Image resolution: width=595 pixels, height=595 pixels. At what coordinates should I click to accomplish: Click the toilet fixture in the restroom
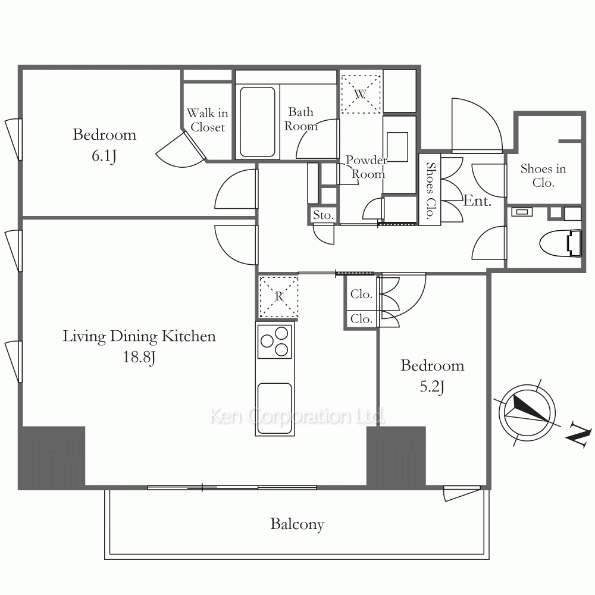click(x=560, y=243)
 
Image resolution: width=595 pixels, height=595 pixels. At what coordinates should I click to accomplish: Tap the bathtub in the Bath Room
click(x=257, y=122)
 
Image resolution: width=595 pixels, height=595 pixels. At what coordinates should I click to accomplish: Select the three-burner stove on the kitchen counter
click(x=275, y=341)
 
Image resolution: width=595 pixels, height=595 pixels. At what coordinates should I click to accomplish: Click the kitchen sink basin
click(x=275, y=408)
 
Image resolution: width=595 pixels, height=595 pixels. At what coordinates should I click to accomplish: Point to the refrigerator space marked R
click(x=279, y=296)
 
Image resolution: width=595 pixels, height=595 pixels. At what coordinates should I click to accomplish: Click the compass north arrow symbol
click(x=527, y=412)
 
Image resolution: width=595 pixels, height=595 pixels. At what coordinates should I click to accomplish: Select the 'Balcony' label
click(x=297, y=524)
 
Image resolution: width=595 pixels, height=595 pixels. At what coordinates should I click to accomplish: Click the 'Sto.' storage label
click(x=323, y=215)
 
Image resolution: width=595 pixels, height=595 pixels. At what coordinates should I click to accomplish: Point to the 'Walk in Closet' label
click(x=208, y=120)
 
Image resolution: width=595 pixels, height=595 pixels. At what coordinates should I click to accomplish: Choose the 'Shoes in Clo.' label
click(x=543, y=176)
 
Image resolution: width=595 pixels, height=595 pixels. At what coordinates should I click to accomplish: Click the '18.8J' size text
click(x=139, y=357)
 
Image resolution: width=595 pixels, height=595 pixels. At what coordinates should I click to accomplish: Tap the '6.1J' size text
click(x=104, y=155)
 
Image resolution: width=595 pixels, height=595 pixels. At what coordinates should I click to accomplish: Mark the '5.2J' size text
click(x=432, y=387)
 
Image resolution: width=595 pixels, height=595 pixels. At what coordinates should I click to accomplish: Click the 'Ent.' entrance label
click(x=477, y=201)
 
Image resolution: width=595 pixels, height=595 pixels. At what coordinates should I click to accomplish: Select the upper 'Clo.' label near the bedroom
click(x=361, y=294)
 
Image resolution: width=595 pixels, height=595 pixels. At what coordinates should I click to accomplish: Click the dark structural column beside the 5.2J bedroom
click(x=396, y=456)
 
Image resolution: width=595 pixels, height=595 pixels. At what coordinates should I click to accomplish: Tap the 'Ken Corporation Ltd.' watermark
click(x=297, y=416)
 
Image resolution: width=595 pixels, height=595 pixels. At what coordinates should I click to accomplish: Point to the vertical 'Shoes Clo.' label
click(x=430, y=190)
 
